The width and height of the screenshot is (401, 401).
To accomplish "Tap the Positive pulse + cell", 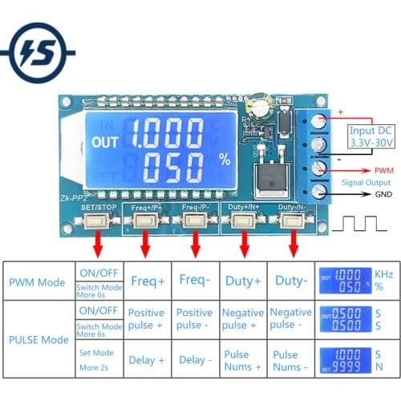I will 147,318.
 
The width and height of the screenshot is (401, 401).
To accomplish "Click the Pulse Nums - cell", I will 290,360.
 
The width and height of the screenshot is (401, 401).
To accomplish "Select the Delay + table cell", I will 147,360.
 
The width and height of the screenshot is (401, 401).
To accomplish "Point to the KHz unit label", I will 384,274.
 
